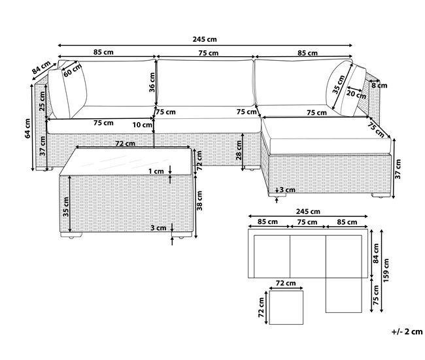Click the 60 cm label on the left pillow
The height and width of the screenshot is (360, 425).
click(x=73, y=70)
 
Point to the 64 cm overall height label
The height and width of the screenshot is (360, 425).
click(x=27, y=129)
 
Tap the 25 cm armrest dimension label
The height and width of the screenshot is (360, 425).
click(x=42, y=101)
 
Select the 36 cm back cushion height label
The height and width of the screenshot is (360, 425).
click(x=152, y=82)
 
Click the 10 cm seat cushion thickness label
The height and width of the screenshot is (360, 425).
click(x=143, y=125)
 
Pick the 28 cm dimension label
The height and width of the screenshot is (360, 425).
click(x=239, y=151)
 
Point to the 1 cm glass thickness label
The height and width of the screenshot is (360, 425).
click(x=156, y=171)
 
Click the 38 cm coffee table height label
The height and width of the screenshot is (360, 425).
click(x=200, y=201)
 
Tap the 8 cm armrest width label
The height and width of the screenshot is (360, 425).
click(x=379, y=86)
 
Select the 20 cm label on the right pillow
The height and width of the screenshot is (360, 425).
click(x=356, y=95)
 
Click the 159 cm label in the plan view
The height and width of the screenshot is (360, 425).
click(x=386, y=270)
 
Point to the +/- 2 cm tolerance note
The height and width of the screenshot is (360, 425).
click(x=407, y=331)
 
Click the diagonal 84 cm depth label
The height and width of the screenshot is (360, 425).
click(x=41, y=67)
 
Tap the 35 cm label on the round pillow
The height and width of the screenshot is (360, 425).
click(x=339, y=84)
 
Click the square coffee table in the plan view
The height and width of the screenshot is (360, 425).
click(x=286, y=308)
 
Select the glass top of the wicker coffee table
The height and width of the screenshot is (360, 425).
click(x=126, y=161)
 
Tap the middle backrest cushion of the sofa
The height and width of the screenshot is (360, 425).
click(x=206, y=83)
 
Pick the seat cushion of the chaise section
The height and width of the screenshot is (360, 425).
click(x=326, y=135)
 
